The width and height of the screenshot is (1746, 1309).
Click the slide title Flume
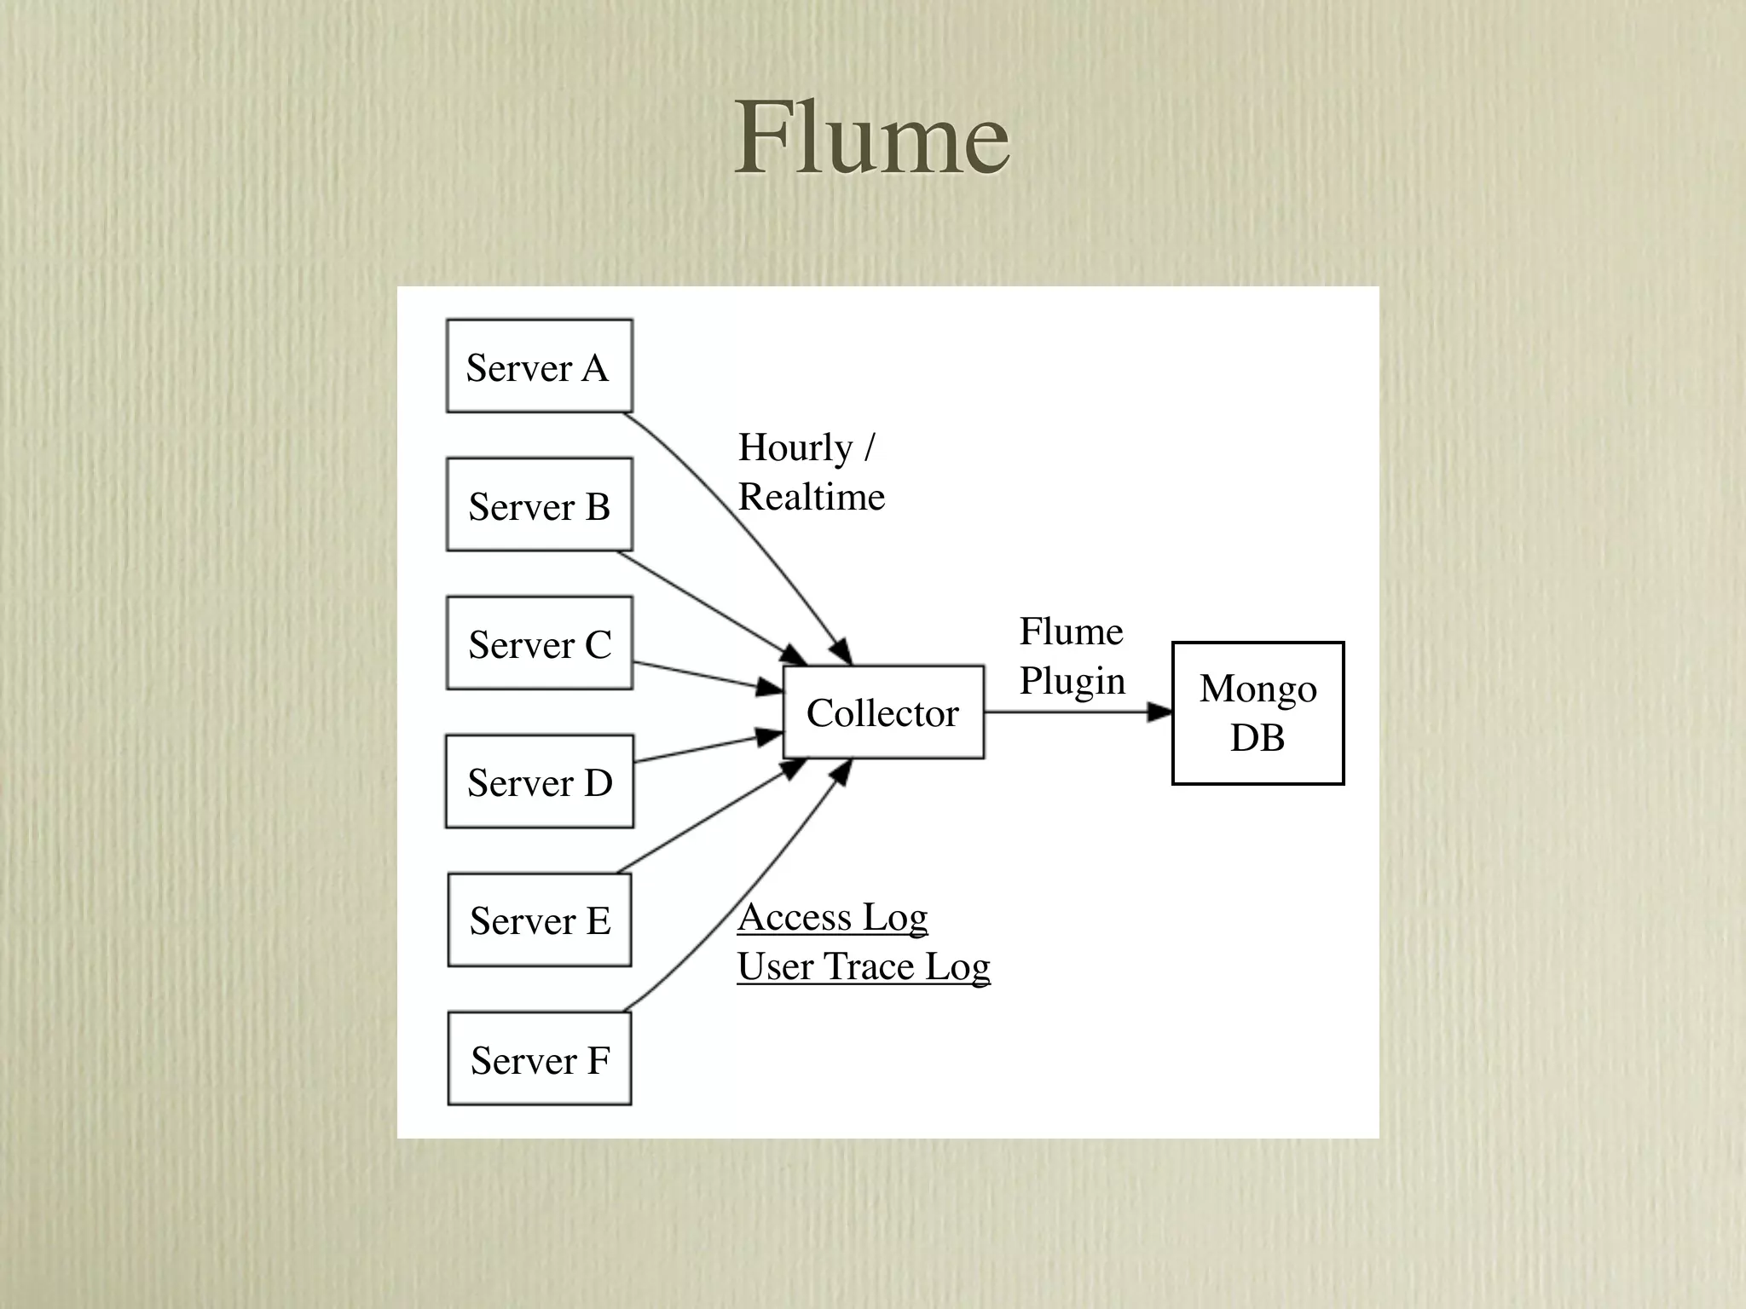point(872,138)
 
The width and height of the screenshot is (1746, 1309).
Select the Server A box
point(540,366)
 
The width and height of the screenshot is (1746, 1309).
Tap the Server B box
point(540,505)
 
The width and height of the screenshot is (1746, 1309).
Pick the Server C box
point(540,643)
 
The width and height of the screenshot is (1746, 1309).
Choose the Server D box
point(540,781)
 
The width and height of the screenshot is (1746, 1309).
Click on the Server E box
point(540,920)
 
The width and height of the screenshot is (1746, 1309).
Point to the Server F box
point(540,1059)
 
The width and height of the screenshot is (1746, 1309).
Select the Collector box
point(883,712)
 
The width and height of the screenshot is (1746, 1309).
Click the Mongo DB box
point(1257,713)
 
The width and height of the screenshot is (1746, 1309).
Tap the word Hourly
point(795,448)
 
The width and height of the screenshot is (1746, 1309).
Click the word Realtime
point(811,497)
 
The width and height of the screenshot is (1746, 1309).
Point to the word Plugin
point(1072,681)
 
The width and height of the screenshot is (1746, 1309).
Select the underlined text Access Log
point(832,917)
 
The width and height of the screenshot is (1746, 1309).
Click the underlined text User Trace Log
point(863,966)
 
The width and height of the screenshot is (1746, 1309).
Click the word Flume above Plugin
point(1071,631)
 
